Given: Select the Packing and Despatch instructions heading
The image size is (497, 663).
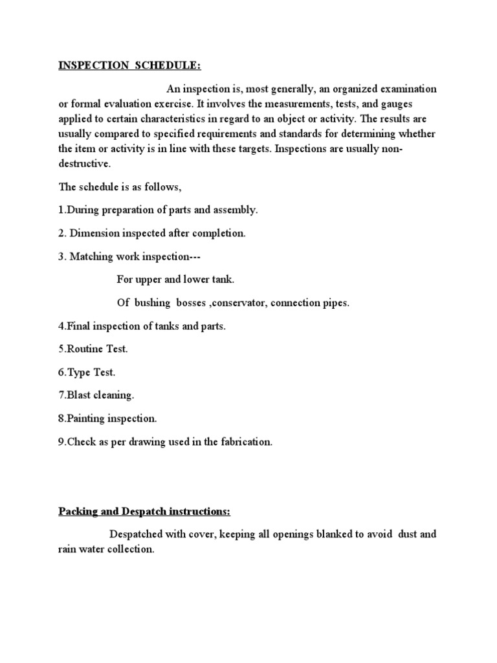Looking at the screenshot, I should click(x=144, y=511).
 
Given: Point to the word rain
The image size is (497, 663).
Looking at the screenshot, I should click(x=69, y=550).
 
